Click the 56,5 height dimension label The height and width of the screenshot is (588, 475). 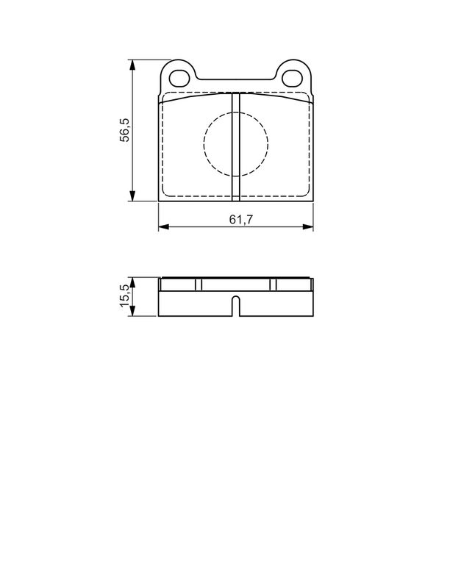click(x=124, y=130)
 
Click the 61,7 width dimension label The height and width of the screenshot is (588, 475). click(x=241, y=219)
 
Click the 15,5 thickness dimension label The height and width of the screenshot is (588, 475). click(x=124, y=295)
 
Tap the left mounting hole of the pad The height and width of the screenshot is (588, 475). click(x=179, y=79)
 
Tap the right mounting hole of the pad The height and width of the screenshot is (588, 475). click(x=292, y=78)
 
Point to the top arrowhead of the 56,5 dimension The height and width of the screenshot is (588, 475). click(x=132, y=65)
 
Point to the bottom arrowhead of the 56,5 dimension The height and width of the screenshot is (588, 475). click(x=132, y=196)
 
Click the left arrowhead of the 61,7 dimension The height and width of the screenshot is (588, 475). click(x=164, y=226)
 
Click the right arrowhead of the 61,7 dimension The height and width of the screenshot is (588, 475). click(x=307, y=226)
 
